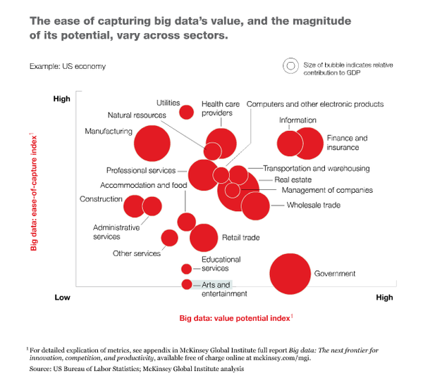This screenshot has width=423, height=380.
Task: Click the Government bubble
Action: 290,273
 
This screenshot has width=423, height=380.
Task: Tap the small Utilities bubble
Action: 187,111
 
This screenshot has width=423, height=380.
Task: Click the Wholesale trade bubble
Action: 255,205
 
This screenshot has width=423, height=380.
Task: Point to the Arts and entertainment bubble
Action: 187,284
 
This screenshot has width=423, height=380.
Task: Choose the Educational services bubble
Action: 187,268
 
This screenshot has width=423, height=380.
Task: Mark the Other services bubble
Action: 169,237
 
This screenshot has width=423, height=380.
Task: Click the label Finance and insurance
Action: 347,143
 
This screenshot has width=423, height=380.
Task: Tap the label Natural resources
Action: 137,115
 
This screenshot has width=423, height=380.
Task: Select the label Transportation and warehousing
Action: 316,169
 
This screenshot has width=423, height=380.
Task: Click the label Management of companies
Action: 327,190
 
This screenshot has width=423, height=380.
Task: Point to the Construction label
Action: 102,199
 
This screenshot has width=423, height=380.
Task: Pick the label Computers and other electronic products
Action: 315,104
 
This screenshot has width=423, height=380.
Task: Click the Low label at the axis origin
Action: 62,298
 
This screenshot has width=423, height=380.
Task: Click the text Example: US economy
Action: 68,66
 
